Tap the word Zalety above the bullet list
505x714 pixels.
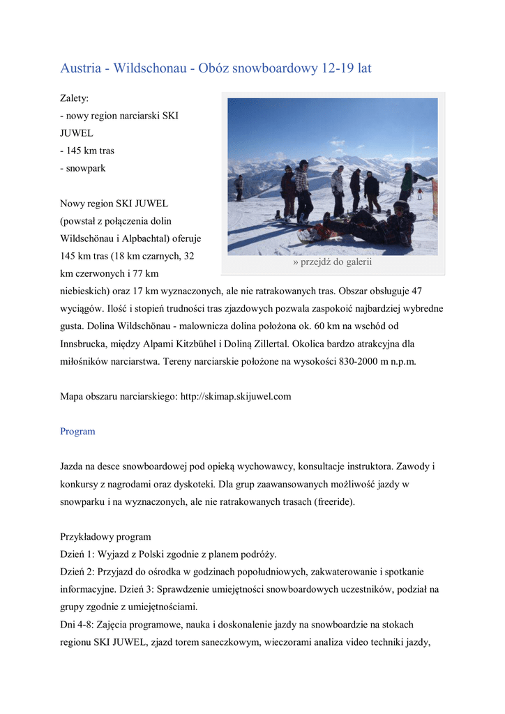coord(74,100)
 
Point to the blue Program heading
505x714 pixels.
coord(77,432)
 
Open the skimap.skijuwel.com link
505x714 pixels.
coord(235,397)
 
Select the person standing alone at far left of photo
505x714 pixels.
coord(239,187)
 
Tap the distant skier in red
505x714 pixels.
coord(420,193)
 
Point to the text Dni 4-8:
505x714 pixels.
coord(78,624)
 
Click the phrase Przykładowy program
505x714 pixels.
coord(105,537)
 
